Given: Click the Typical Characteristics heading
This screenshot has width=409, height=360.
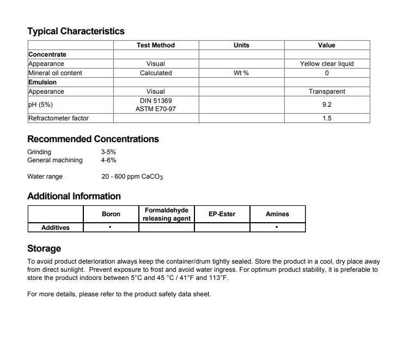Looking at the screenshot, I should [x=76, y=31].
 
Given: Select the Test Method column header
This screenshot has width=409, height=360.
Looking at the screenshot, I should [x=156, y=45].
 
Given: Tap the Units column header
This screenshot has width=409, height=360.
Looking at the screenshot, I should [x=241, y=45].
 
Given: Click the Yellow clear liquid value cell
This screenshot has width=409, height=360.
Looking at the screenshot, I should [x=327, y=64].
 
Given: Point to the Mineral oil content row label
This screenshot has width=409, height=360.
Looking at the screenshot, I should [x=55, y=73].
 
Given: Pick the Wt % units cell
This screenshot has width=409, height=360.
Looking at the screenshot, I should [x=241, y=73].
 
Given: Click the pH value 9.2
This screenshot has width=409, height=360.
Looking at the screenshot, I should [x=327, y=105].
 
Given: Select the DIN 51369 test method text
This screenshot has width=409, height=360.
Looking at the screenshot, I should [x=156, y=101].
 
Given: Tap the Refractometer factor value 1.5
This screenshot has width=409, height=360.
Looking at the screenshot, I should [x=327, y=118].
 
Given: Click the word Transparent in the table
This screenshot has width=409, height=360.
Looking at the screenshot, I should [x=327, y=91].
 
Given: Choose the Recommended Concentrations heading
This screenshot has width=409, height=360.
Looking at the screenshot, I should [x=93, y=139].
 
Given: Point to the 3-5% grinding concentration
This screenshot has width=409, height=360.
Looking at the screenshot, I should [x=108, y=152].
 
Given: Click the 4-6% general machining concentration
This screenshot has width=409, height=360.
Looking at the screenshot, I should [x=108, y=160].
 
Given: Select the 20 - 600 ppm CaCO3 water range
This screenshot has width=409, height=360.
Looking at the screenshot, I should [x=132, y=177].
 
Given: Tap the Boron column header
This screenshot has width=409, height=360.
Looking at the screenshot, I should [x=111, y=214].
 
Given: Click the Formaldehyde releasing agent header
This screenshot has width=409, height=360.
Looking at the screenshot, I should [x=167, y=214].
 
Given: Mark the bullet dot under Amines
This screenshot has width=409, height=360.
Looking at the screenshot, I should [x=277, y=227].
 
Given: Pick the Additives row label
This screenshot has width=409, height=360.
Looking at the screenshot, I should [x=56, y=228].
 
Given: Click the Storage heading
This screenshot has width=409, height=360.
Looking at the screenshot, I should [x=44, y=248].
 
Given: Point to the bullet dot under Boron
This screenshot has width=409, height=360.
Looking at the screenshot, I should [x=111, y=227].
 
